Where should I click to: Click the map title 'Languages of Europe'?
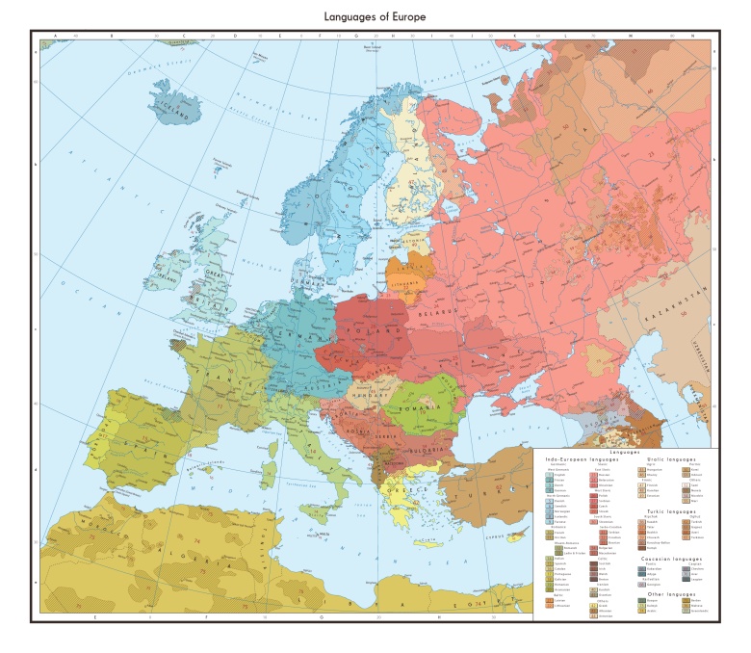[375, 16]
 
